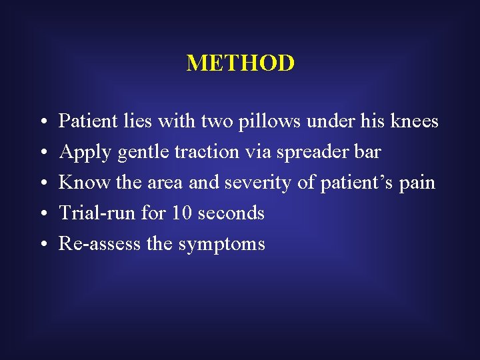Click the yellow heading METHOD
240,63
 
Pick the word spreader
307,153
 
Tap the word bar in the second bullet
368,152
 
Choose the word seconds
231,213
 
